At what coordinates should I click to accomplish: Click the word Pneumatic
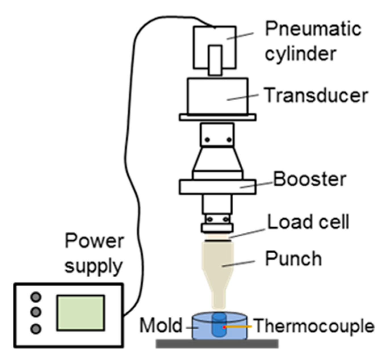(x=313, y=29)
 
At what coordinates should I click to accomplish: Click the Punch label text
(x=293, y=258)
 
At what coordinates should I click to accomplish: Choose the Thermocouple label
(x=314, y=326)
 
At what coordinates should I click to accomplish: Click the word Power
(x=94, y=241)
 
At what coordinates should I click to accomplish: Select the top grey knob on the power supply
(x=36, y=297)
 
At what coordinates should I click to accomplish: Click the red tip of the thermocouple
(x=224, y=327)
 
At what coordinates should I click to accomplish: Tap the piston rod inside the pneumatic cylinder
(x=215, y=60)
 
